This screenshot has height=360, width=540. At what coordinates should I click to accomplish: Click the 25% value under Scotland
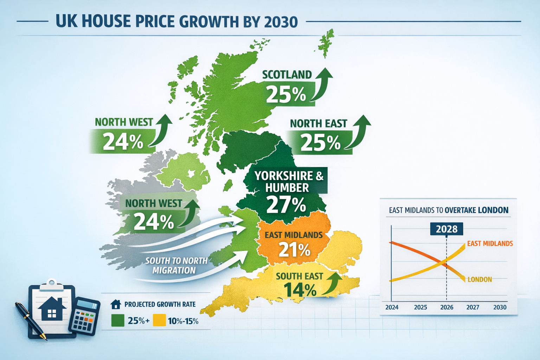286,94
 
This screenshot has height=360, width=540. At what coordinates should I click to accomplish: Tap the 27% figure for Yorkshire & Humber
286,205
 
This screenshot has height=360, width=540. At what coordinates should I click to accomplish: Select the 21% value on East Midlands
294,250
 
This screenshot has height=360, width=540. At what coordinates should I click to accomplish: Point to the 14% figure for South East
300,290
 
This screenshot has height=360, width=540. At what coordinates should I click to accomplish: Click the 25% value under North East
320,142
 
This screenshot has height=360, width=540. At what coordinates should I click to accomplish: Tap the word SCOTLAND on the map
287,75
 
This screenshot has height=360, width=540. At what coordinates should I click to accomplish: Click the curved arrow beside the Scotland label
322,84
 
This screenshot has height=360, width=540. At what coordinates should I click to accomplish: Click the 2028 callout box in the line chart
446,229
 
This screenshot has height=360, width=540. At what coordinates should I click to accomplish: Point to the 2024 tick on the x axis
392,307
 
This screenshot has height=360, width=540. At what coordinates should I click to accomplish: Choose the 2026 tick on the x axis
446,307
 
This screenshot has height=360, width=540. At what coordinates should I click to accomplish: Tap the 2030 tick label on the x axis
500,307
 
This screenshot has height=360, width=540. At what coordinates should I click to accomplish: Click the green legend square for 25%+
118,321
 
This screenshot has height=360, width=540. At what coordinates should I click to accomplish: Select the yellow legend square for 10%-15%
159,321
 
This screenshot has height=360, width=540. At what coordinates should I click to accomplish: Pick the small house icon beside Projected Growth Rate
116,304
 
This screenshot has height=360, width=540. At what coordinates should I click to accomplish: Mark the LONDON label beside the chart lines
480,279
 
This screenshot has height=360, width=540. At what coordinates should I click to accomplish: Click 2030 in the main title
280,22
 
